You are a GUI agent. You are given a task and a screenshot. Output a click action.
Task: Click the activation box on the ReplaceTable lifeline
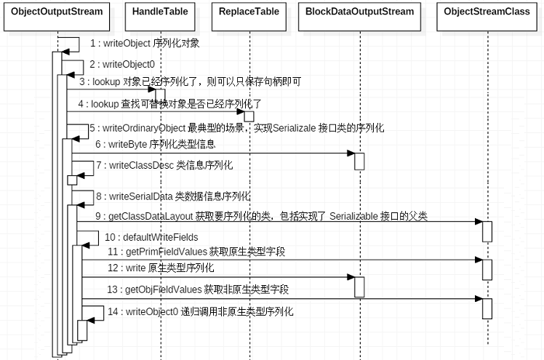tap(249, 116)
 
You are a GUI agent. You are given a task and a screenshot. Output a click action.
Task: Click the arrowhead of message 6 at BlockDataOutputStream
tap(351, 153)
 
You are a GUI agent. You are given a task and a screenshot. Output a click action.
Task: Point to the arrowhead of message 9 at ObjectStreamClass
tap(479, 221)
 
